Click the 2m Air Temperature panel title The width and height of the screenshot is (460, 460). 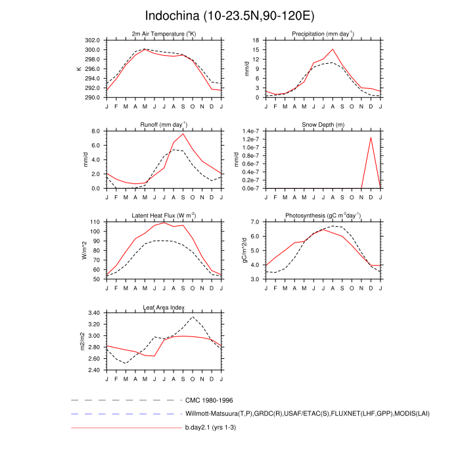click(164, 34)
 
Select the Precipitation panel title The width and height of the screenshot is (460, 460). click(323, 34)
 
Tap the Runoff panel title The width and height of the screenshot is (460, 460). click(164, 125)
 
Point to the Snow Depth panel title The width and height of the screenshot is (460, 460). click(323, 125)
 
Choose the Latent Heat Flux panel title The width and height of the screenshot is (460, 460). click(164, 216)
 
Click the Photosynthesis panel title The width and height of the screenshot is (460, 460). click(323, 216)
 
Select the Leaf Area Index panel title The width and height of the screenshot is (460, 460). click(164, 307)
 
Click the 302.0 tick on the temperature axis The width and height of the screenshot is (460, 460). click(91, 40)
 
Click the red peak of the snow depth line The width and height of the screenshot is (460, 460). click(371, 137)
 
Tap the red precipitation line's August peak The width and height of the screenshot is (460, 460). click(333, 49)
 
